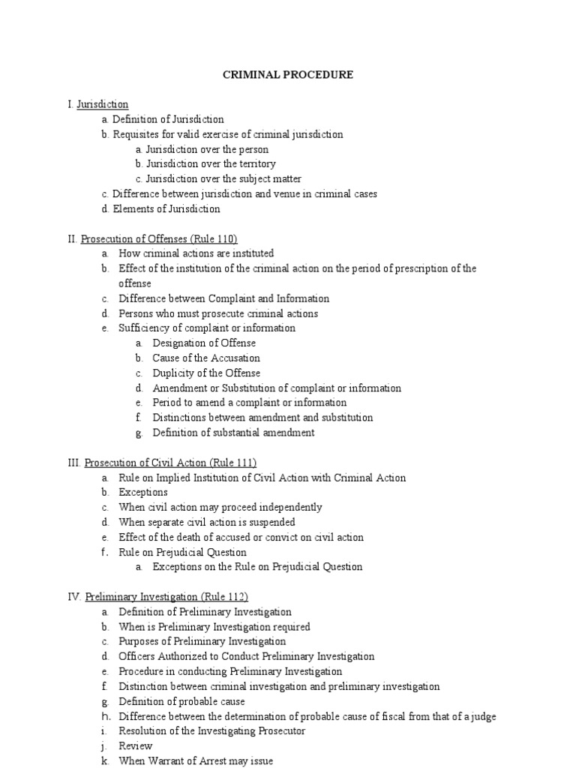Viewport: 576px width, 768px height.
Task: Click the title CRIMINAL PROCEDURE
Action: click(x=289, y=75)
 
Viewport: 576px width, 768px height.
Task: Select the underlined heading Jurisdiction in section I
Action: click(x=103, y=104)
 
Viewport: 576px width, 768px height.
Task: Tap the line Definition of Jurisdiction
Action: click(x=168, y=119)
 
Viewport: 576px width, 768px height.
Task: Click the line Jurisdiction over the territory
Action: click(x=211, y=163)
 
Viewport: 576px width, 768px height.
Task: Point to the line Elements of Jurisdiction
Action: click(x=166, y=208)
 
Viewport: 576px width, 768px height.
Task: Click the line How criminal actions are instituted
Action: click(x=196, y=253)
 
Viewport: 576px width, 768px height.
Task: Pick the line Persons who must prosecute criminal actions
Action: click(x=218, y=313)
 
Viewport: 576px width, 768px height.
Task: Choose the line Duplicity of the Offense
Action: click(x=206, y=373)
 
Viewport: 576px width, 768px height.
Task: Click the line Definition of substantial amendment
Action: click(x=233, y=433)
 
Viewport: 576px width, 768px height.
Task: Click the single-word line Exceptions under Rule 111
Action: click(x=143, y=493)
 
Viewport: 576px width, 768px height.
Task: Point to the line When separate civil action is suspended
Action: click(x=207, y=522)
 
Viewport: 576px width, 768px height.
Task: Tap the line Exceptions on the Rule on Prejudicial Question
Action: click(x=257, y=567)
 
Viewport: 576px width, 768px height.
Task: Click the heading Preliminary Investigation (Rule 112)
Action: click(x=161, y=597)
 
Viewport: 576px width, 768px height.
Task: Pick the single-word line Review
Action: click(x=136, y=745)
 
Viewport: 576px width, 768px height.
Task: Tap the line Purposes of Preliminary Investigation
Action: click(x=202, y=641)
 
